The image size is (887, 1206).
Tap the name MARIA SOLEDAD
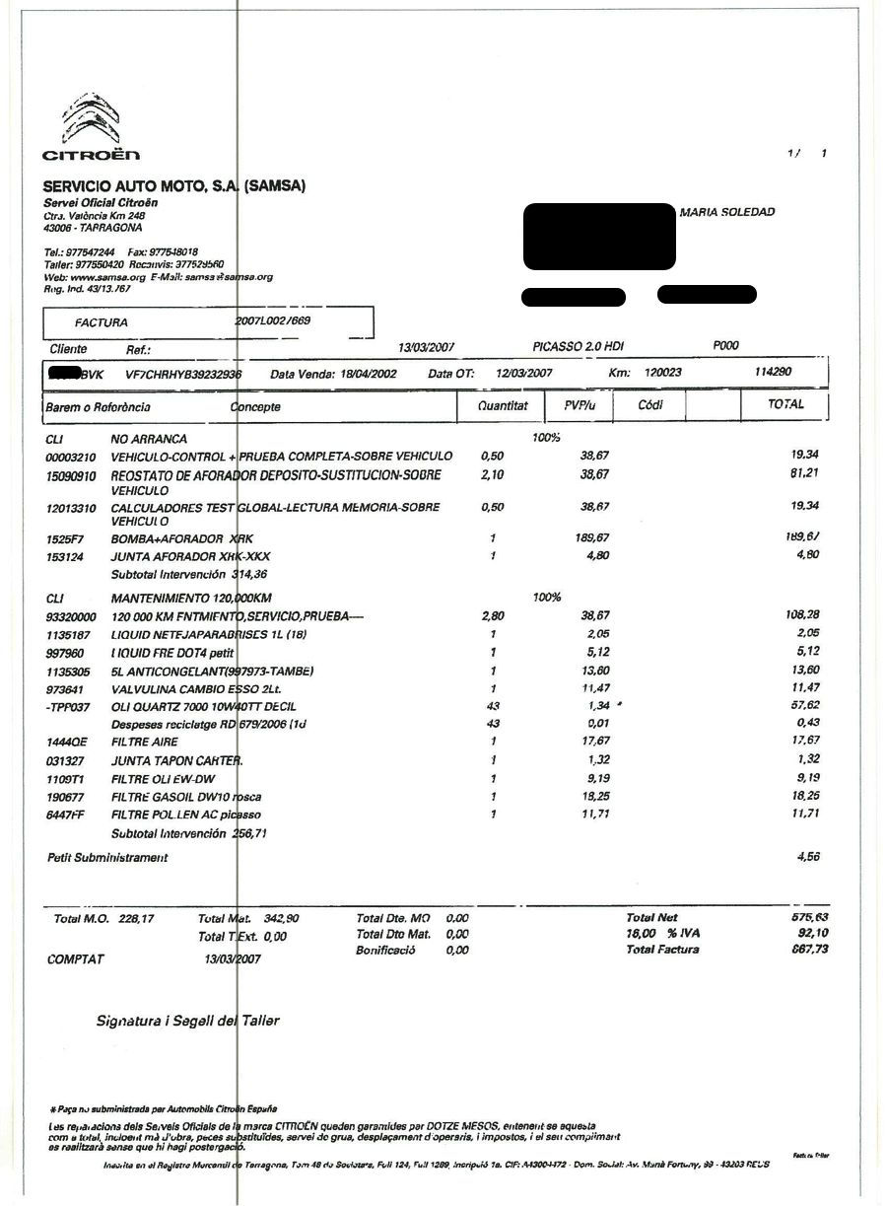(727, 212)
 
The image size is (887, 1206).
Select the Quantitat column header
(503, 405)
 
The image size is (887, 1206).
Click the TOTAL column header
(785, 404)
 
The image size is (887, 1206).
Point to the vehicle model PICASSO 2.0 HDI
(578, 347)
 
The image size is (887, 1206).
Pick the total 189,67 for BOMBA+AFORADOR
(799, 537)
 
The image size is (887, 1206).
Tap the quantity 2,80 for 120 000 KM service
(492, 615)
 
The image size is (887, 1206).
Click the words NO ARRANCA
(149, 439)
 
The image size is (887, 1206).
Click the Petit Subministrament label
(107, 858)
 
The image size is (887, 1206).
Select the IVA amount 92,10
(803, 933)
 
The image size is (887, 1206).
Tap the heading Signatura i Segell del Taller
(187, 1021)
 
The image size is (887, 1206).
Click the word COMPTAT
(75, 958)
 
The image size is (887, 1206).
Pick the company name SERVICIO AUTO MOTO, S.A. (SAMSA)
(173, 185)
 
